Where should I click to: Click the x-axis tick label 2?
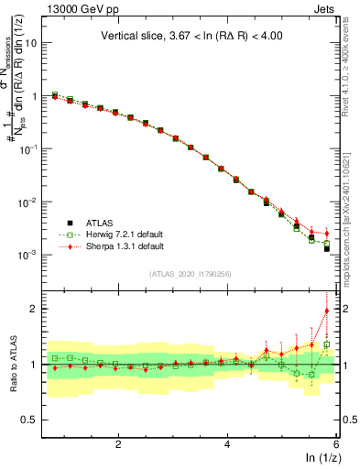[x=118, y=444]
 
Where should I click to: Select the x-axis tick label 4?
[x=227, y=444]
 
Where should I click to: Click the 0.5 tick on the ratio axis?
[x=34, y=420]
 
